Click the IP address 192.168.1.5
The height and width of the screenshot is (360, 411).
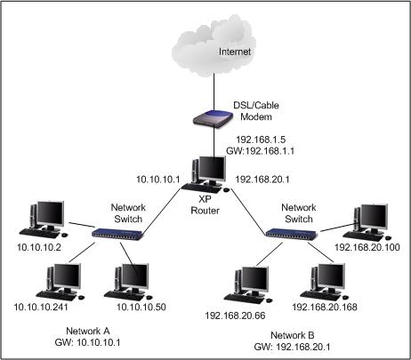pyautogui.click(x=264, y=140)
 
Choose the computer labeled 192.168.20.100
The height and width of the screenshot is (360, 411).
pyautogui.click(x=368, y=221)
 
